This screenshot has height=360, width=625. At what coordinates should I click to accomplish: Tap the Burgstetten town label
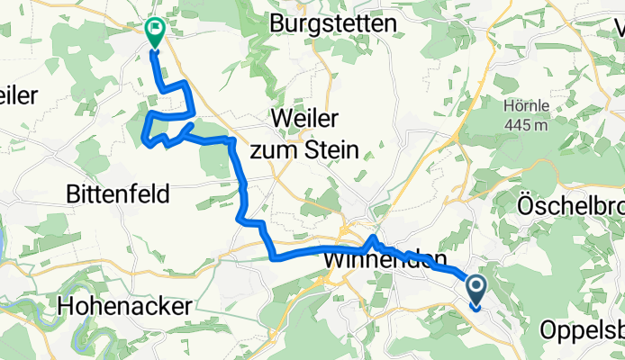(x=333, y=24)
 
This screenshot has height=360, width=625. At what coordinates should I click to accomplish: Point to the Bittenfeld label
(x=119, y=193)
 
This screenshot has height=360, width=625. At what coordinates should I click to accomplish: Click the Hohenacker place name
(x=123, y=306)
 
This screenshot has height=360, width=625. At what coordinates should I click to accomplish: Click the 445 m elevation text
(x=527, y=124)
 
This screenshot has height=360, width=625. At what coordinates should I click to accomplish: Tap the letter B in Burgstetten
(x=278, y=24)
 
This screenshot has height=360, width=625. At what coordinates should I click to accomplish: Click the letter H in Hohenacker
(x=64, y=306)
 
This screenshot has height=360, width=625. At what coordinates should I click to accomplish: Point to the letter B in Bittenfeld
(x=74, y=193)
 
